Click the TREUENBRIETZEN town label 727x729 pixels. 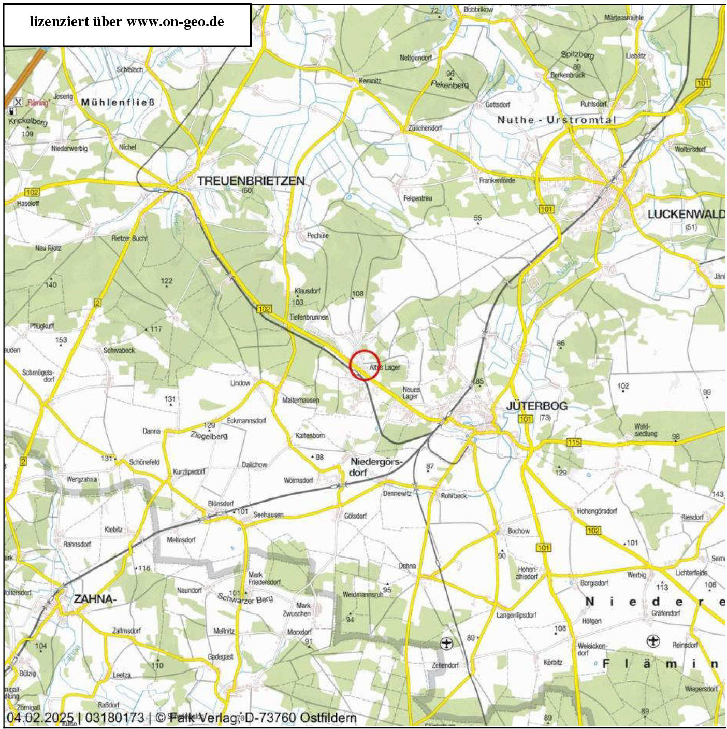tap(251, 181)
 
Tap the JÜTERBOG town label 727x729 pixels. tap(536, 406)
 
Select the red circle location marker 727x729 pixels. tap(365, 365)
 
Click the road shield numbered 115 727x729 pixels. tap(574, 442)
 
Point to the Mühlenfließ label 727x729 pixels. tap(118, 102)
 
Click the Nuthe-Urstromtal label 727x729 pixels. tap(557, 120)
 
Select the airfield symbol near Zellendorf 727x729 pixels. tap(445, 644)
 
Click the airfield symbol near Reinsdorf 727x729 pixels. tap(653, 641)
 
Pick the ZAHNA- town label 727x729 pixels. tap(95, 599)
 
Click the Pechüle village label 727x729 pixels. tap(318, 235)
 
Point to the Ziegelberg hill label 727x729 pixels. tap(209, 436)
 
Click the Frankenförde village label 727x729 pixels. tap(497, 181)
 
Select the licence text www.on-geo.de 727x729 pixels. tap(175, 22)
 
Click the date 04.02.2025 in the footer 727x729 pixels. tap(40, 718)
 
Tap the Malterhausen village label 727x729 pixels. tap(300, 400)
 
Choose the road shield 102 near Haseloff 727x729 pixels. tap(32, 192)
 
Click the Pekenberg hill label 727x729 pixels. tap(449, 84)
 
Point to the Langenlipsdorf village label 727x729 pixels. tap(516, 615)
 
